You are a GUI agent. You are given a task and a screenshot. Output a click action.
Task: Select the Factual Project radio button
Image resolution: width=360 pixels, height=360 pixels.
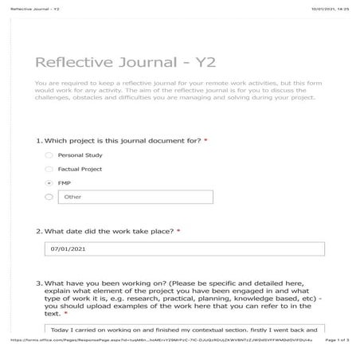(x=49, y=169)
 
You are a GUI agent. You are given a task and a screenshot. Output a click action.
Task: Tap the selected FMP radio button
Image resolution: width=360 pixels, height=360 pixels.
(x=49, y=182)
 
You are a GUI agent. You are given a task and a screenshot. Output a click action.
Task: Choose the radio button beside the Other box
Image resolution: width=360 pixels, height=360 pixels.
(x=49, y=197)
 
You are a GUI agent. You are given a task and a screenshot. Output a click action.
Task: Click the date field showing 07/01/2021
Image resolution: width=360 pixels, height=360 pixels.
(x=185, y=248)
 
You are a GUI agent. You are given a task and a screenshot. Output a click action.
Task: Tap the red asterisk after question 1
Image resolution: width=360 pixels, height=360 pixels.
(x=206, y=140)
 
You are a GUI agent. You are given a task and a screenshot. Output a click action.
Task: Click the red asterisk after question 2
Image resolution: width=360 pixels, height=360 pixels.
(x=178, y=231)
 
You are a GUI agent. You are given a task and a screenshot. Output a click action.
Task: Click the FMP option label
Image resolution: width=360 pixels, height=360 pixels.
(x=65, y=182)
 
